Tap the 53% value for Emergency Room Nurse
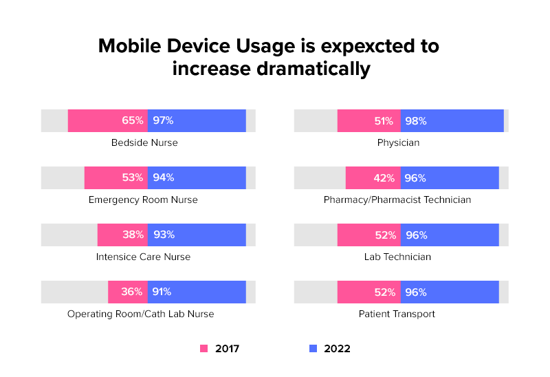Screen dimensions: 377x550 click(x=133, y=177)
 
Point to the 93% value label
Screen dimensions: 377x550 click(x=164, y=235)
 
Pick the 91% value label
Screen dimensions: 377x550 click(x=162, y=292)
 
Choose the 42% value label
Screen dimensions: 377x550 click(x=384, y=177)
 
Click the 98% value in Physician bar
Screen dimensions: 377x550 click(x=416, y=120)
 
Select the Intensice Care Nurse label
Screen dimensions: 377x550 click(x=143, y=257)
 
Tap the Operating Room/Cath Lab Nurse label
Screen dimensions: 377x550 click(x=141, y=314)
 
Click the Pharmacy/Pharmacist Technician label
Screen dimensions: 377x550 click(x=397, y=200)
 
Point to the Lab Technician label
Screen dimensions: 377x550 click(x=398, y=257)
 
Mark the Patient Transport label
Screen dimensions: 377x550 click(x=398, y=314)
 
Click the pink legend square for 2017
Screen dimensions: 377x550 click(x=203, y=349)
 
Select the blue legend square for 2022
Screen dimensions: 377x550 click(x=313, y=349)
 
